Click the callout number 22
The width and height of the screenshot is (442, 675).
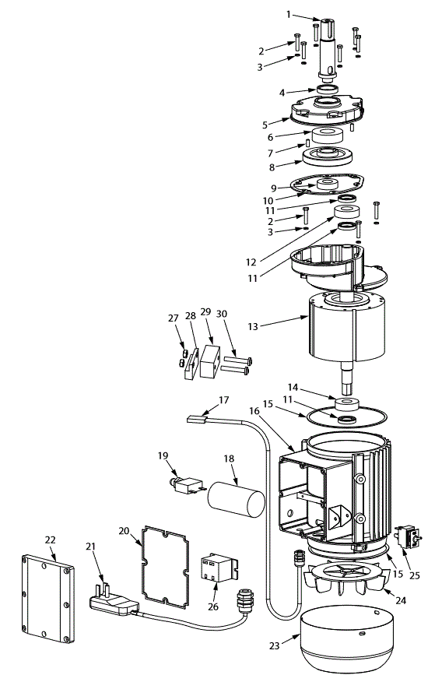coord(50,540)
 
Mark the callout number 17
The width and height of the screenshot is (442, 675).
coord(224,400)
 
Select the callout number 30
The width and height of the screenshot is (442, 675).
coord(222,312)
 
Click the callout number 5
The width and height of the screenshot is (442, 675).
coord(265,124)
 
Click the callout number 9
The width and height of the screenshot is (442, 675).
coord(274,188)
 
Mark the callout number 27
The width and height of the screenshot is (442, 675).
coord(174,318)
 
